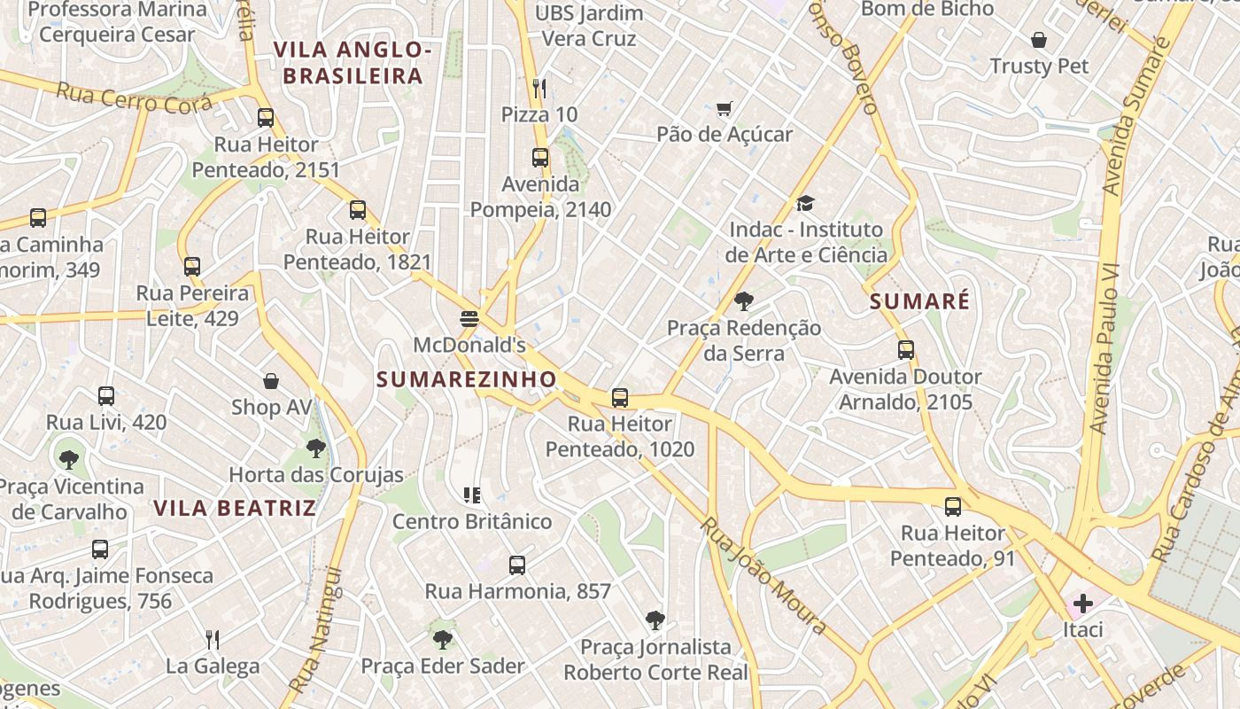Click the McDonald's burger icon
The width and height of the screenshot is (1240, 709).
[x=469, y=318]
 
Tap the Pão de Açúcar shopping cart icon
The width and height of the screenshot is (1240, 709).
[x=725, y=109]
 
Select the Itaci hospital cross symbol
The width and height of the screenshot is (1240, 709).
[x=1082, y=604]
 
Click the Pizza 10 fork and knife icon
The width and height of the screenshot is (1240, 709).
[x=539, y=88]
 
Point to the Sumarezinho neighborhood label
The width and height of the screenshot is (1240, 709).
[x=467, y=379]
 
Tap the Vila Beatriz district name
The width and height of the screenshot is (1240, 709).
[x=235, y=508]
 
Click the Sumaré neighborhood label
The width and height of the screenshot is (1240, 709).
[x=919, y=301]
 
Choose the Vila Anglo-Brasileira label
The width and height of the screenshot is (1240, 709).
[x=353, y=63]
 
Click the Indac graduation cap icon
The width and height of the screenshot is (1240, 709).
[x=805, y=204]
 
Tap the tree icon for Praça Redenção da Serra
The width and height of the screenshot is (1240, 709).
[x=744, y=301]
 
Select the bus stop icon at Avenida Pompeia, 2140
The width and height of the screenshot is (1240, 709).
[x=540, y=158]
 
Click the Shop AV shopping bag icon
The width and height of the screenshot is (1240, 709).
[x=271, y=381]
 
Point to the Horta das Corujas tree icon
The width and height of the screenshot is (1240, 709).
[x=315, y=448]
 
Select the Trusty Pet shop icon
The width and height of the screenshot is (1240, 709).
[x=1039, y=40]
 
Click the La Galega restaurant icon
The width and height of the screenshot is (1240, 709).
[x=213, y=639]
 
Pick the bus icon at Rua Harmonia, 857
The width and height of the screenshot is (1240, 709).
[x=517, y=565]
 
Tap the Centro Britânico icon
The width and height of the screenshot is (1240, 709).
[x=472, y=495]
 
